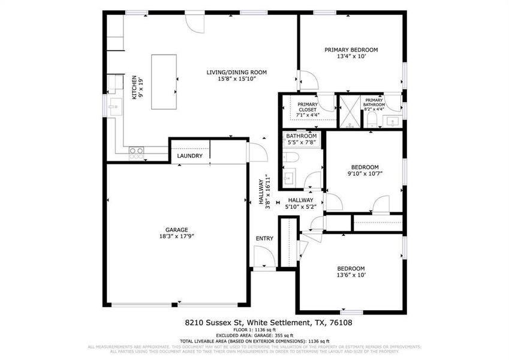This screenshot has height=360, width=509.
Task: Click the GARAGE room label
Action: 177,229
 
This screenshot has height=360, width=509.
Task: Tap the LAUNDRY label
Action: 189,157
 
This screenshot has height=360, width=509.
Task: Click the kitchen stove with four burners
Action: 137,152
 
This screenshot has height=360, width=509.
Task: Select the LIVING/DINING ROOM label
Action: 236,72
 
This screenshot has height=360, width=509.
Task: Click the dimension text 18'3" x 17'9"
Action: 177,236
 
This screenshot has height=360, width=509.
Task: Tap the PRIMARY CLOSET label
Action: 308,107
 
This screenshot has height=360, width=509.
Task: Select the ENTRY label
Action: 264,238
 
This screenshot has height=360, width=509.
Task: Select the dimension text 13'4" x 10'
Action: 351,57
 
